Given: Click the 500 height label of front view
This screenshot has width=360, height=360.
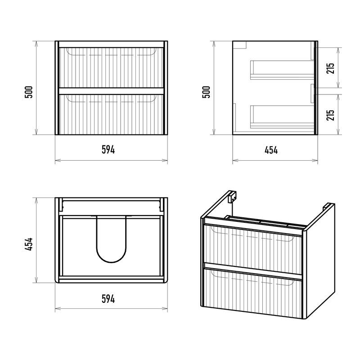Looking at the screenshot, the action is tap(29, 92).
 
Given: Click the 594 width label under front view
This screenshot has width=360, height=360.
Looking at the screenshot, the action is tap(108, 150).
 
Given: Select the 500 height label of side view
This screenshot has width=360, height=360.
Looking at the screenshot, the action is tap(206, 92).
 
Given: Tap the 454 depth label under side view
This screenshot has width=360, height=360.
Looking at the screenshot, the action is tap(271, 150).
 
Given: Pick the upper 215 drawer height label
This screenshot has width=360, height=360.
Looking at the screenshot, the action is tap(331, 68).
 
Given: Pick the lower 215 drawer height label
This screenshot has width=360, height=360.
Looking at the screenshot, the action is tap(331, 115).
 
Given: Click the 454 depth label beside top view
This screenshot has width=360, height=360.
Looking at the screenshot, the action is tap(29, 244).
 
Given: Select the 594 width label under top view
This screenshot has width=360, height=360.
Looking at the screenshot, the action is tap(108, 299).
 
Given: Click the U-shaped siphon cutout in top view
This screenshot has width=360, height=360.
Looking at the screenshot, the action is tap(111, 239).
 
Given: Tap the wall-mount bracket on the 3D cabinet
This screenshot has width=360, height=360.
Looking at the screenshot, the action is tap(232, 197).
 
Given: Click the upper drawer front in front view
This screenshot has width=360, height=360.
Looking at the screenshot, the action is tap(111, 68).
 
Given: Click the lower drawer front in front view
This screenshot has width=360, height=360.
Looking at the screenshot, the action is tap(111, 114).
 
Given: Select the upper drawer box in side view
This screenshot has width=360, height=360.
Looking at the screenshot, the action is tap(282, 70).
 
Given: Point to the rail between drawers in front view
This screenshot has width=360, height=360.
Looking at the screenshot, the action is tap(111, 91).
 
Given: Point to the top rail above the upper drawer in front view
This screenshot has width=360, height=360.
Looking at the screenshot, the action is tap(111, 44).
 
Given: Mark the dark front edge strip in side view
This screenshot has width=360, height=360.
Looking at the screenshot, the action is tap(316, 88).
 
